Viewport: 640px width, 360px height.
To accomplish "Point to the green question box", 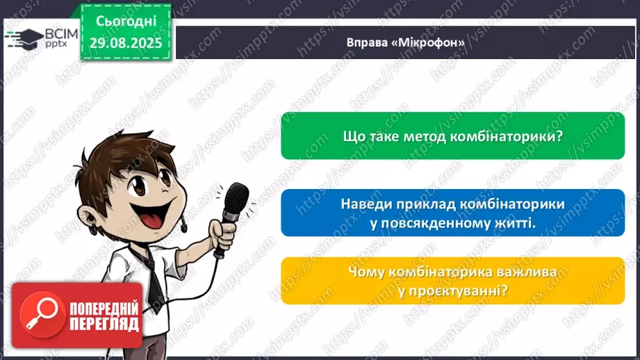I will tap(452, 136).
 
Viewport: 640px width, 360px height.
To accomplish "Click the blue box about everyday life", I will tap(452, 213).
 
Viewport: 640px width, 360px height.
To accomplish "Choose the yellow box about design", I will tap(452, 281).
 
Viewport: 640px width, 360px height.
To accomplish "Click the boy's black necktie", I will tap(152, 278).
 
